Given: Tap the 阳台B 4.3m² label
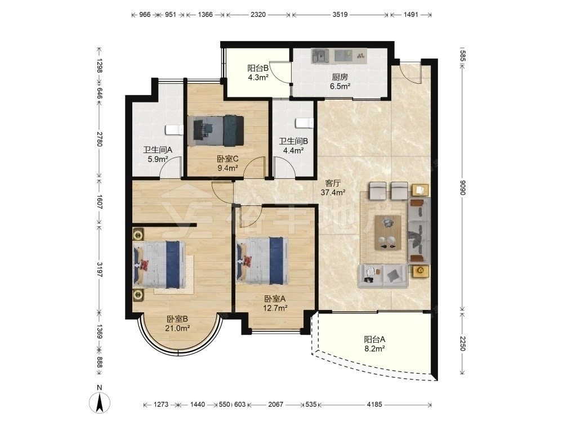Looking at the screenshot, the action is pyautogui.click(x=258, y=73).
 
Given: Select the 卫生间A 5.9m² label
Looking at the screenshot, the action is pyautogui.click(x=158, y=155).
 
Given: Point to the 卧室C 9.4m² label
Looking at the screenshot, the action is pyautogui.click(x=227, y=163).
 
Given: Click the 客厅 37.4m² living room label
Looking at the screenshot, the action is pyautogui.click(x=333, y=188).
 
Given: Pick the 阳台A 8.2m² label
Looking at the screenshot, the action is pyautogui.click(x=374, y=344).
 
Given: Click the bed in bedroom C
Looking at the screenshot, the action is pyautogui.click(x=216, y=131).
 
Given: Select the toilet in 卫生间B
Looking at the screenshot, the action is pyautogui.click(x=305, y=123).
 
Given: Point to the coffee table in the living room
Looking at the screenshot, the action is pyautogui.click(x=387, y=232).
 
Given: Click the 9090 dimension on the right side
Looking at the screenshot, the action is pyautogui.click(x=462, y=187).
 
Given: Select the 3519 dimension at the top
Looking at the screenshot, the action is pyautogui.click(x=339, y=15).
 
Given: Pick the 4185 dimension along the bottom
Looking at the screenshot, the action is pyautogui.click(x=374, y=405).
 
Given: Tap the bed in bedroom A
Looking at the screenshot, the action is pyautogui.click(x=262, y=261).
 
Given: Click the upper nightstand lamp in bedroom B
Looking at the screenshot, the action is pyautogui.click(x=138, y=235).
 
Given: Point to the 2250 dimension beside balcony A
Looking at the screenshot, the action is pyautogui.click(x=462, y=343).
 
